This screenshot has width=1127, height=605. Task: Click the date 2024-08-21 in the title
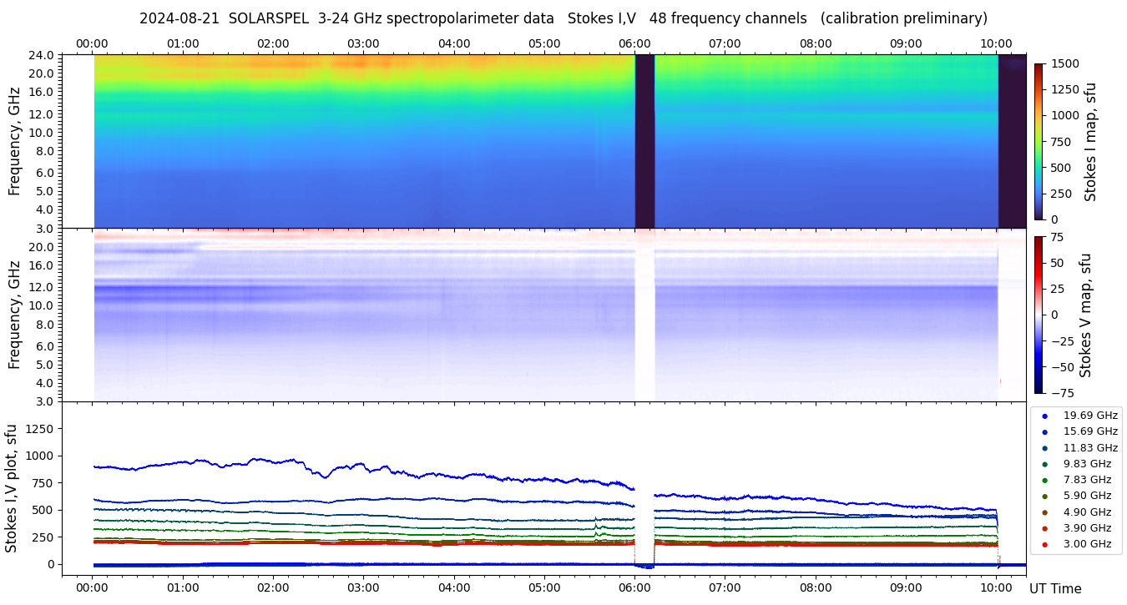tap(179, 18)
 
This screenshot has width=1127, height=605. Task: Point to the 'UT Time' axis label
tap(1055, 588)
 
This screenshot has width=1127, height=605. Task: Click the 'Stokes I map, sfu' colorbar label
tap(1090, 142)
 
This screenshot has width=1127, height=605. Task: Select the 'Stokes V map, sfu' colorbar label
tap(1086, 315)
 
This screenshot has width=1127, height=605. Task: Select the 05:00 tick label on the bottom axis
tap(544, 587)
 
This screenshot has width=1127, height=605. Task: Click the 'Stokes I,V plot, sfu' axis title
tap(12, 487)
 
